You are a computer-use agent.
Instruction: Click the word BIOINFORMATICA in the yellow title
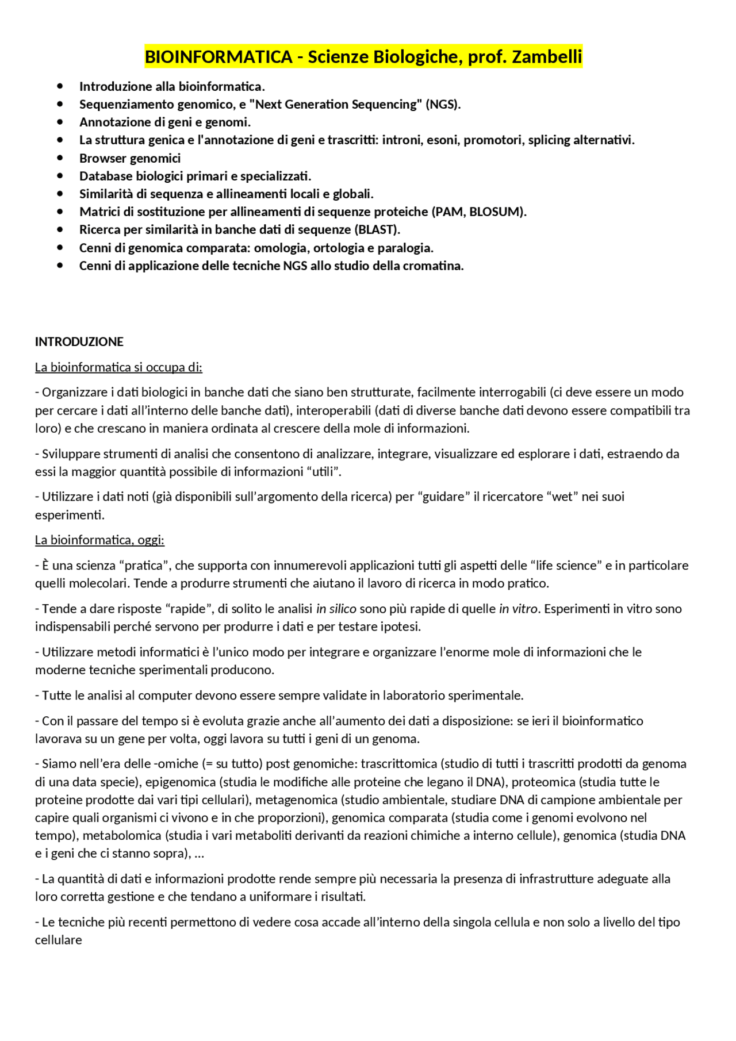[x=218, y=57]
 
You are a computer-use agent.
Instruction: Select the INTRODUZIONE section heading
[x=79, y=342]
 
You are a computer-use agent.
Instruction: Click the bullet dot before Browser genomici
[x=60, y=158]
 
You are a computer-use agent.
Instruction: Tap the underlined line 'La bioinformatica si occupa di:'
[x=118, y=367]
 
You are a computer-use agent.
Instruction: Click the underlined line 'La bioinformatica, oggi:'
[x=99, y=540]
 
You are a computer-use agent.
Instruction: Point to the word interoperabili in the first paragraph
[x=334, y=411]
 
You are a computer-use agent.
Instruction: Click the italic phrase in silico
[x=336, y=609]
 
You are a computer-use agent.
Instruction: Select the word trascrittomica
[x=399, y=764]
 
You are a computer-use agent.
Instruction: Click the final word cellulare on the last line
[x=59, y=940]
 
